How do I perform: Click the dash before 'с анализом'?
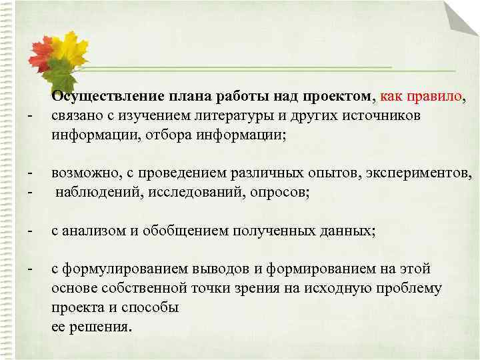click(x=30, y=231)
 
